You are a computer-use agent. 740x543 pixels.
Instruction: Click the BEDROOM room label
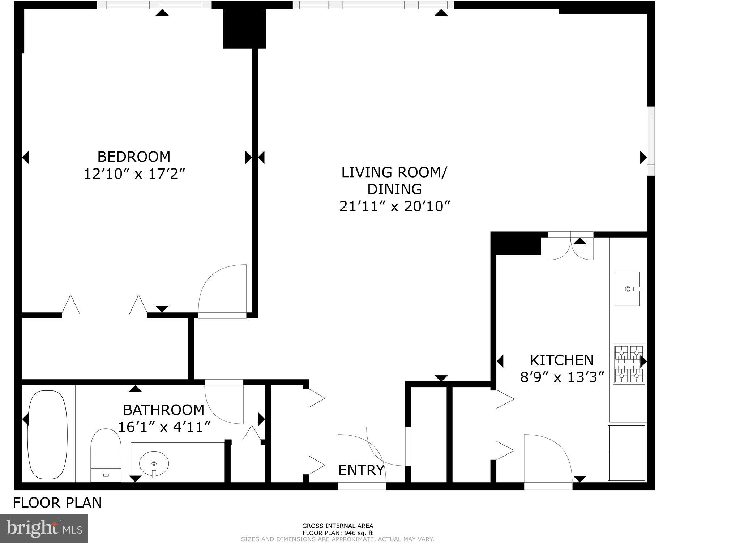[134, 157]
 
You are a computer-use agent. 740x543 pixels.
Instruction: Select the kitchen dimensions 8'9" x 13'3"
[562, 378]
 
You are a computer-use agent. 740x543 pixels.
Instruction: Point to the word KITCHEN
[561, 360]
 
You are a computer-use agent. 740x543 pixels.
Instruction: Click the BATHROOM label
[163, 410]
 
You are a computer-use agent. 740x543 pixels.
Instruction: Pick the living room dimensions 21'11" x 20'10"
[394, 207]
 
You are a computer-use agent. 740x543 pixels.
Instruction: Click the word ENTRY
[361, 470]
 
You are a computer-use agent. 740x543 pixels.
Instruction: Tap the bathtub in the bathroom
[47, 434]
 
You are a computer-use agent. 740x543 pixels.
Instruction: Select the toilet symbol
[106, 454]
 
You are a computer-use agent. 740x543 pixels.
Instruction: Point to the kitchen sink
[627, 289]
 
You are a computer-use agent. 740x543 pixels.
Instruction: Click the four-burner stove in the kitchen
[629, 364]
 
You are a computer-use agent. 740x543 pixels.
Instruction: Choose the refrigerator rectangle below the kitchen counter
[626, 453]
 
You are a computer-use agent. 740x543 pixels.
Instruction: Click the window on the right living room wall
[651, 141]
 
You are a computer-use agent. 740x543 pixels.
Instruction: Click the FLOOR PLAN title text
[57, 503]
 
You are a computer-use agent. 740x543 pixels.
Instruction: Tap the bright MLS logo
[44, 528]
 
